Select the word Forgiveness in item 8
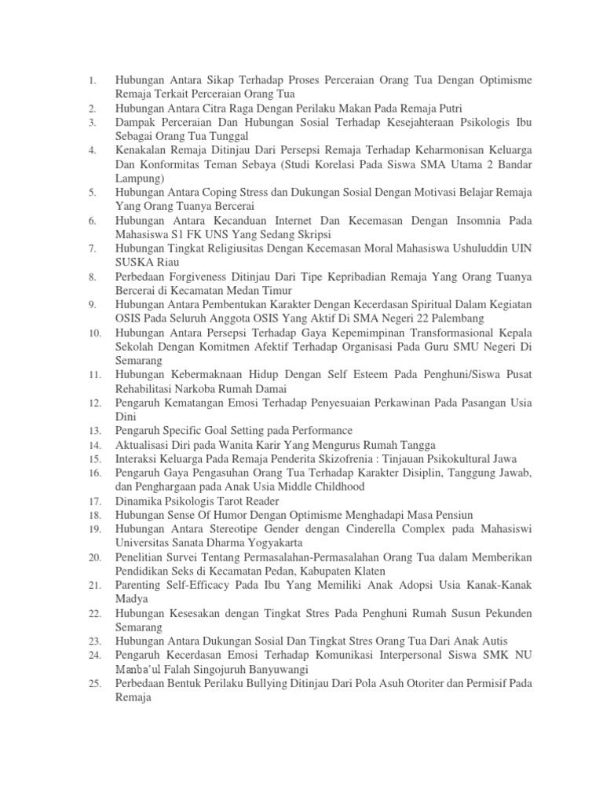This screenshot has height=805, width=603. pos(205,277)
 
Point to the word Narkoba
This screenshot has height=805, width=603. pos(198,388)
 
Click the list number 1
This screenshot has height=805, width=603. pos(92,80)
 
